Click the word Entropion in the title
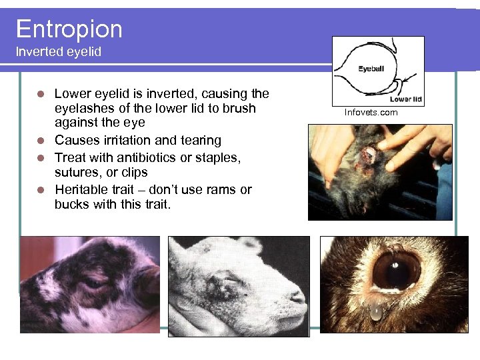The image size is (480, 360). (69, 29)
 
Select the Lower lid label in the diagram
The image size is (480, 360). (406, 99)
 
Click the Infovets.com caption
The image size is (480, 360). (371, 112)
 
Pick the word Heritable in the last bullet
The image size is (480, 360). (85, 189)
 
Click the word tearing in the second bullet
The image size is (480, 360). (197, 140)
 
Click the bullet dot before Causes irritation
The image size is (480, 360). (41, 141)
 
